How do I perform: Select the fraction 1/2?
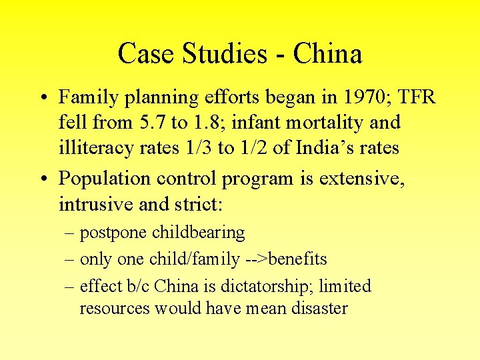click(247, 148)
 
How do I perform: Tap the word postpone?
click(113, 233)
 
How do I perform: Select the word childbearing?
click(199, 233)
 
